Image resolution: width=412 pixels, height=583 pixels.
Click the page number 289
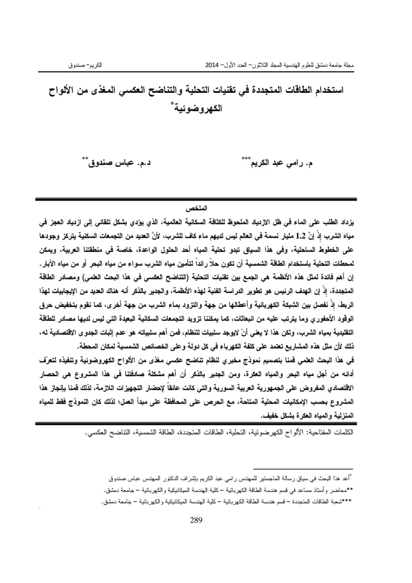coord(198,519)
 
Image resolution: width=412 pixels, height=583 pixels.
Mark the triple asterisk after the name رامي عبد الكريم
coord(246,158)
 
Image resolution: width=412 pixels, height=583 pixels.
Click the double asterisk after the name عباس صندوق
coord(85,158)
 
